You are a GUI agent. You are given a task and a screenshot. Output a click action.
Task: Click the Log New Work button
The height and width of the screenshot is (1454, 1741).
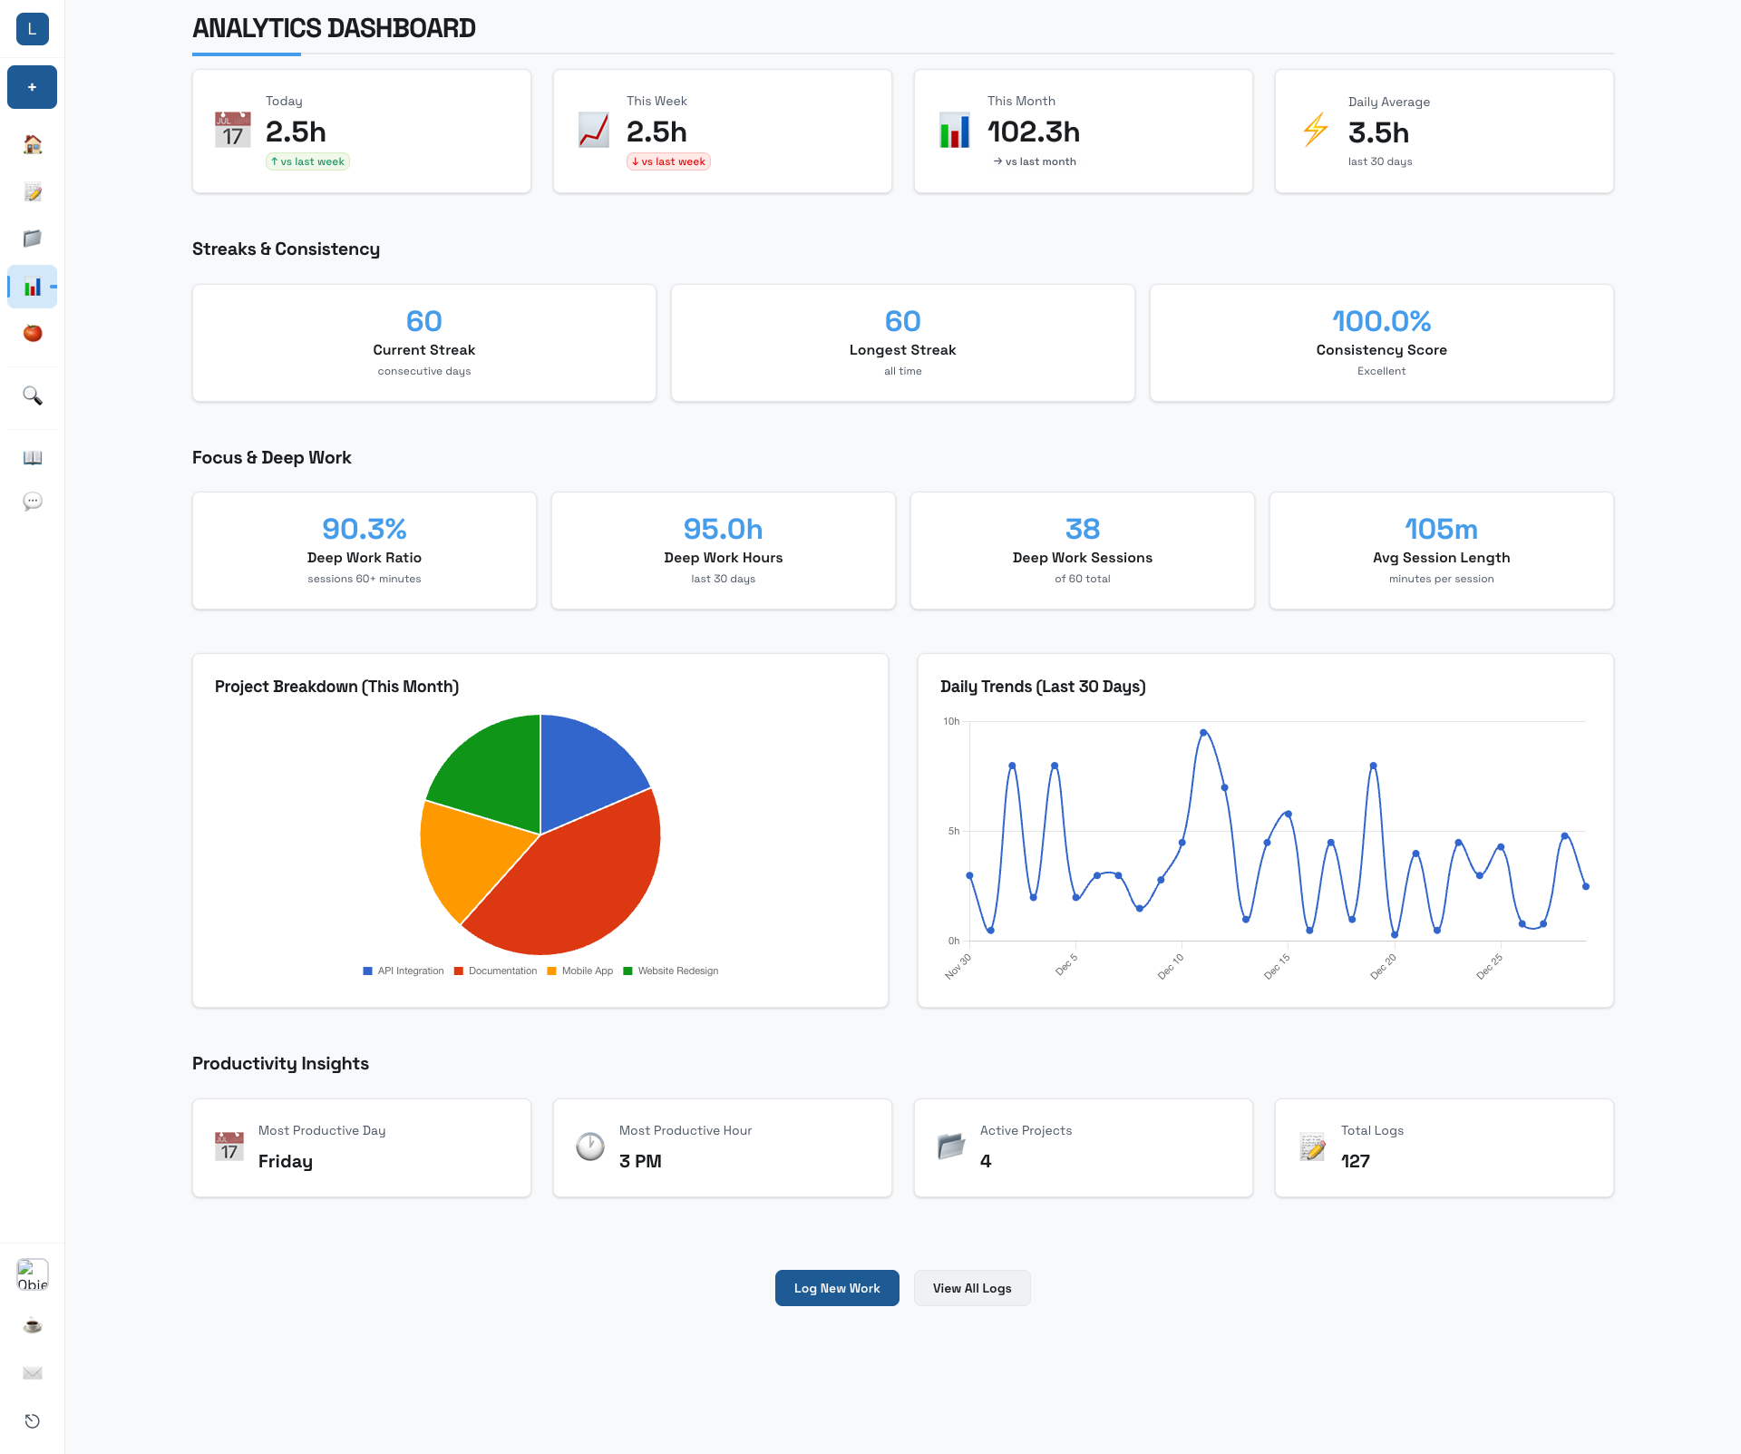tap(836, 1288)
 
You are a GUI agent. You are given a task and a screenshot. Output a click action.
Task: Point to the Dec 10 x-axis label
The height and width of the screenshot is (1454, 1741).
tap(1171, 966)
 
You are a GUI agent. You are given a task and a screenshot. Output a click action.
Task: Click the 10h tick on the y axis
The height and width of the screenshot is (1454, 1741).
tap(951, 722)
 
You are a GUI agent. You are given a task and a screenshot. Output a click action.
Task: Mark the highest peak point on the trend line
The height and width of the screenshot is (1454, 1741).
tap(1203, 732)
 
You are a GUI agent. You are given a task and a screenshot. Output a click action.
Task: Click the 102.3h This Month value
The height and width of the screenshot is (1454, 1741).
tap(1033, 132)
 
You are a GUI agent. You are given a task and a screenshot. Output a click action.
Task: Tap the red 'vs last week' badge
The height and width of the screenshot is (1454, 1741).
tap(668, 161)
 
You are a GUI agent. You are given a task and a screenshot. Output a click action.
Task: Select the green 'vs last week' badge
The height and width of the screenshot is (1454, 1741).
tap(307, 161)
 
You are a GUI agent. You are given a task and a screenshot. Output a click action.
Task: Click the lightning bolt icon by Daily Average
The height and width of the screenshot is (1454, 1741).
tap(1315, 130)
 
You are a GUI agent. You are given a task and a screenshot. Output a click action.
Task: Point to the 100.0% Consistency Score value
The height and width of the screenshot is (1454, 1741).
tap(1381, 321)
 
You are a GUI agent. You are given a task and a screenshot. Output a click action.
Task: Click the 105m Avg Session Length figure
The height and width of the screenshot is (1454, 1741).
tap(1441, 529)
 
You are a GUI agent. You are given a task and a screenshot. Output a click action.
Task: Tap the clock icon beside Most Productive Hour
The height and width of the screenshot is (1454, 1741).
tap(590, 1147)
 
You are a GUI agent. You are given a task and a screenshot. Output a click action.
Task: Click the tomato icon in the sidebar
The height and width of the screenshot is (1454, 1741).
tap(33, 333)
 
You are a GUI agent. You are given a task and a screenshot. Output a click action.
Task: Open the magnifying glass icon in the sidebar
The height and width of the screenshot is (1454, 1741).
tap(33, 395)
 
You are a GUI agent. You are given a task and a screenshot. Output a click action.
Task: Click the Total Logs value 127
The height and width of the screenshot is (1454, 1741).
tap(1355, 1161)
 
